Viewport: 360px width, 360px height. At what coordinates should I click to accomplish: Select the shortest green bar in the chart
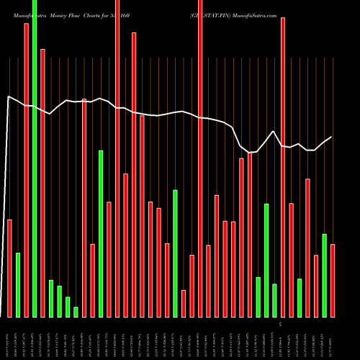click(76, 312)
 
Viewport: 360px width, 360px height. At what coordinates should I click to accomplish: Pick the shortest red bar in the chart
click(184, 303)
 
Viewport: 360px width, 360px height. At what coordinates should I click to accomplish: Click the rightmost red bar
click(333, 281)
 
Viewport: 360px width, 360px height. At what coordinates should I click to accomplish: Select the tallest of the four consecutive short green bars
click(51, 298)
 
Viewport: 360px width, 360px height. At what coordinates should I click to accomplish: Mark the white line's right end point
click(332, 137)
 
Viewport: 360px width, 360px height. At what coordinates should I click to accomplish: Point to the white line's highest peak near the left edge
click(9, 96)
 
